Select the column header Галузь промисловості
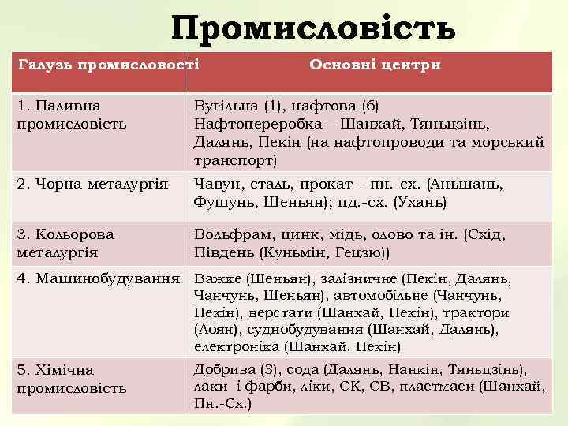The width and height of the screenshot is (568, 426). [x=108, y=64]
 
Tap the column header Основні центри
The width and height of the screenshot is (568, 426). [x=375, y=64]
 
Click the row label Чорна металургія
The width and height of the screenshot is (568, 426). [x=92, y=184]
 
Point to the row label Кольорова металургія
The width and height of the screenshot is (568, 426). [x=65, y=243]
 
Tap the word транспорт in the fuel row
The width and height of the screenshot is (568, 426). [x=234, y=160]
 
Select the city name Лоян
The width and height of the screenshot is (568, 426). [x=213, y=329]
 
